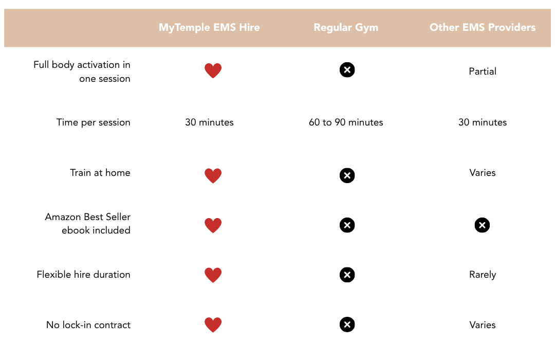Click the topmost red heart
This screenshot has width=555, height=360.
point(213,71)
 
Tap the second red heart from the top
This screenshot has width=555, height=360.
point(213,176)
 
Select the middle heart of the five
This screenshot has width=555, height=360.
point(213,225)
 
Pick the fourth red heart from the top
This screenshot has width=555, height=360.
point(213,275)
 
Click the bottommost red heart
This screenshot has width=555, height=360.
point(213,325)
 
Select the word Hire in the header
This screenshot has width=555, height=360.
point(250,28)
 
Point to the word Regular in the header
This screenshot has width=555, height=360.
point(329,28)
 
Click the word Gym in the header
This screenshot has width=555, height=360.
point(367,28)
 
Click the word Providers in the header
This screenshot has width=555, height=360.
point(512,28)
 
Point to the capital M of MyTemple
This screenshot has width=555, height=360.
point(163,28)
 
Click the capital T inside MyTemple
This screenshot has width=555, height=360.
point(178,28)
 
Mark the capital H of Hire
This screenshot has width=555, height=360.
point(242,28)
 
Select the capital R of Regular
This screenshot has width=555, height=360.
point(317,28)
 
